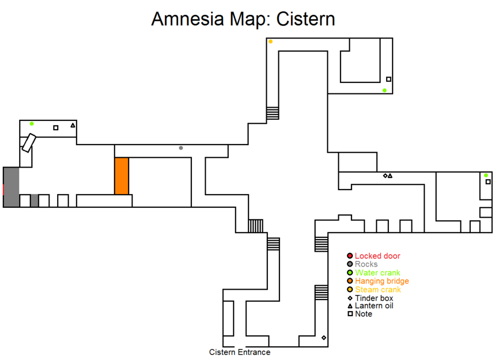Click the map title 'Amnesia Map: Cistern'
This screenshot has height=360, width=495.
[243, 19]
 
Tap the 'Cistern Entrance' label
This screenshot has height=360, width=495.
[240, 352]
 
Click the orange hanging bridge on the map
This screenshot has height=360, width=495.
[122, 176]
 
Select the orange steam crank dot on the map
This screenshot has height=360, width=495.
[271, 42]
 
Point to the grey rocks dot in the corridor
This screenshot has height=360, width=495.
[181, 148]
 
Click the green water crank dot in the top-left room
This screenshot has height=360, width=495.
[32, 124]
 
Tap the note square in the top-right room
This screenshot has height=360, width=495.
[388, 79]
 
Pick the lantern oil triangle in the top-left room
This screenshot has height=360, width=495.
[73, 125]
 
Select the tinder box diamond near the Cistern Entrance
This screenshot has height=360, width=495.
[323, 337]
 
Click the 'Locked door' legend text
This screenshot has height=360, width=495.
[377, 256]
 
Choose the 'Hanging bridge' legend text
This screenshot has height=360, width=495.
[382, 281]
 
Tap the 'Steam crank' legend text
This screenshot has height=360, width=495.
[378, 290]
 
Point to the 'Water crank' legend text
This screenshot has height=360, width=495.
[377, 273]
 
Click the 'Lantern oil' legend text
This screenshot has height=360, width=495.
[374, 306]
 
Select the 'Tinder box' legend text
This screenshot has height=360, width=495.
[374, 298]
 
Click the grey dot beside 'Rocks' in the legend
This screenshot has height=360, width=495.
[349, 264]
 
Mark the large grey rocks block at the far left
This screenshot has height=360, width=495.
[11, 187]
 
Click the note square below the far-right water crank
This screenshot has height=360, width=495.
[487, 182]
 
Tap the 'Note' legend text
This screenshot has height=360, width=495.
[364, 314]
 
